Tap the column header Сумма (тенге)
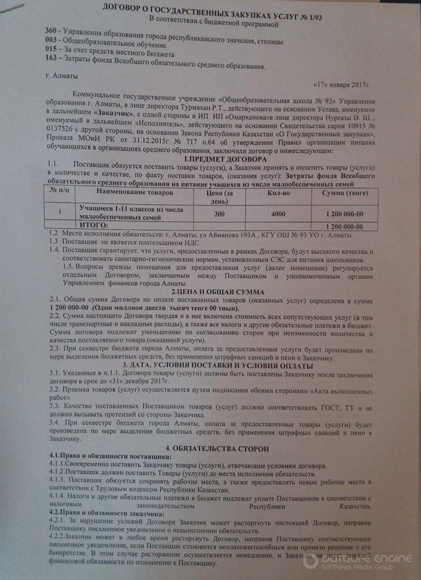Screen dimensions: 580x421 click(x=344, y=193)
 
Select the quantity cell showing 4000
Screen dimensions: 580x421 click(x=278, y=213)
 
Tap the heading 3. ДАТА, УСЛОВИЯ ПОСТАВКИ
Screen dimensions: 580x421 click(x=211, y=364)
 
